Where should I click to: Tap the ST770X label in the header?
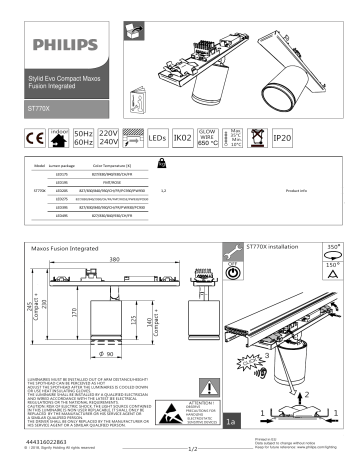point(39,105)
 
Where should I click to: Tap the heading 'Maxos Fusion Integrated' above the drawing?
point(69,243)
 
